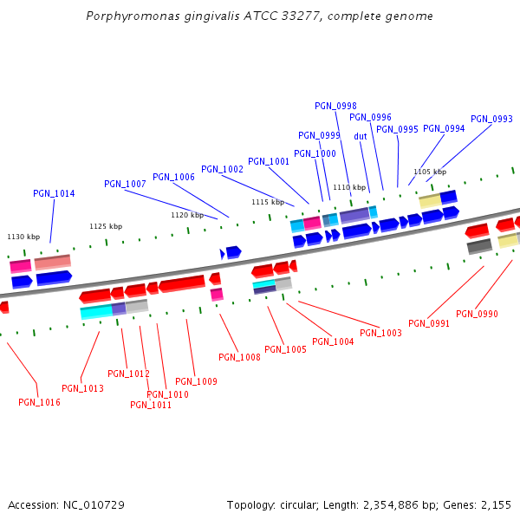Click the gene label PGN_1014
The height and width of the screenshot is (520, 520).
[x=54, y=194]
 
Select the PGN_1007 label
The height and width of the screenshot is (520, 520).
[x=125, y=184]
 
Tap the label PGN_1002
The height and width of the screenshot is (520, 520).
[x=222, y=169]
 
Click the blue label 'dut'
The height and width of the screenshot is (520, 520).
[x=361, y=136]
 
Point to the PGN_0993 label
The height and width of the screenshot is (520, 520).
[x=491, y=120]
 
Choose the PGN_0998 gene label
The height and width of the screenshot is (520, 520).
[x=335, y=106]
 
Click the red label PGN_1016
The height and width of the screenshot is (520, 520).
[x=39, y=402]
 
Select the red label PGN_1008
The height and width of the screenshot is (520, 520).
[x=239, y=357]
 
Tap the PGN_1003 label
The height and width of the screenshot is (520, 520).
[x=380, y=333]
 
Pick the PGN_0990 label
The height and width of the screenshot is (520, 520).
[x=477, y=314]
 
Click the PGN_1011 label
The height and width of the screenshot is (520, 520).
[x=151, y=405]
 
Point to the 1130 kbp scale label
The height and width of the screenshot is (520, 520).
[x=23, y=237]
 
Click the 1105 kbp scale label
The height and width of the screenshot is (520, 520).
[x=429, y=172]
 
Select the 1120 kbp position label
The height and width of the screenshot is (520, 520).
[x=186, y=215]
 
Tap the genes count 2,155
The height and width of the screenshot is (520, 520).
[x=496, y=504]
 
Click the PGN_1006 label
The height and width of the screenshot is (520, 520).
[x=173, y=177]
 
